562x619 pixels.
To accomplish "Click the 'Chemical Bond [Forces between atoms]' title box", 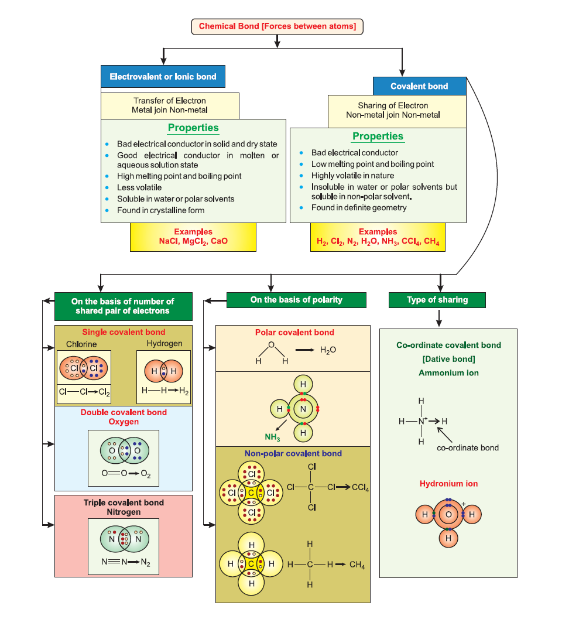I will click(277, 26).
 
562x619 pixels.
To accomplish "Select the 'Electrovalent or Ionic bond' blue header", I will click(163, 77).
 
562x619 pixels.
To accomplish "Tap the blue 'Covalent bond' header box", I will click(419, 86).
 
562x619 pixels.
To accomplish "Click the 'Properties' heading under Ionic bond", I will click(193, 128).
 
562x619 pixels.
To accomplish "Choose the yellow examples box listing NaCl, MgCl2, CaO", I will click(193, 237).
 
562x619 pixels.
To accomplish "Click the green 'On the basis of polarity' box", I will click(296, 300).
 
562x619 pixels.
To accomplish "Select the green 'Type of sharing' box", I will click(437, 300).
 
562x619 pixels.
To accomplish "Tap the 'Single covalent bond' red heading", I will click(124, 332).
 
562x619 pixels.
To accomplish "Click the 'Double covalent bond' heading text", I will click(124, 412).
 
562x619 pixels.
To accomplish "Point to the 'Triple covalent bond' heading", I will click(124, 502).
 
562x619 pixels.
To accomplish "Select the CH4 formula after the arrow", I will click(357, 565).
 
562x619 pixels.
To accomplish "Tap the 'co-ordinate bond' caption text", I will click(468, 447).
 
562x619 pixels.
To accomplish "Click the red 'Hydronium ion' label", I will click(448, 484).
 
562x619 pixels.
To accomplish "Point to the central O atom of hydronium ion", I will click(448, 514).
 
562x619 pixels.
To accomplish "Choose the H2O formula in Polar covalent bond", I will click(328, 350).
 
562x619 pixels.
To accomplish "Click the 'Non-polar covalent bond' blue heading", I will click(293, 453).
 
